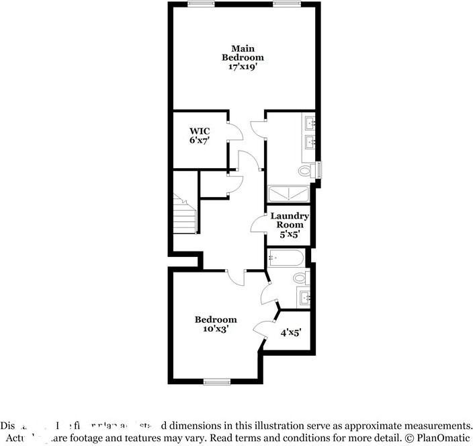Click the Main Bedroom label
pyautogui.click(x=243, y=53)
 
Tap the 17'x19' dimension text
pyautogui.click(x=243, y=67)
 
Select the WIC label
pyautogui.click(x=200, y=131)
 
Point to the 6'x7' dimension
pyautogui.click(x=200, y=141)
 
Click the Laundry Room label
pyautogui.click(x=290, y=220)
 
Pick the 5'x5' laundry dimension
pyautogui.click(x=290, y=235)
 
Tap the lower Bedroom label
pyautogui.click(x=216, y=320)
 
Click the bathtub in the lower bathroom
pyautogui.click(x=286, y=258)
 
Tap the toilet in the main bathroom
pyautogui.click(x=305, y=172)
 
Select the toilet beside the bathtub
pyautogui.click(x=300, y=278)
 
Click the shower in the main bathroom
pyautogui.click(x=290, y=194)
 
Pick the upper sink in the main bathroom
pyautogui.click(x=311, y=123)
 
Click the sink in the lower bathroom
pyautogui.click(x=304, y=297)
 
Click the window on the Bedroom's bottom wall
pyautogui.click(x=216, y=381)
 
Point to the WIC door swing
pyautogui.click(x=234, y=130)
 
